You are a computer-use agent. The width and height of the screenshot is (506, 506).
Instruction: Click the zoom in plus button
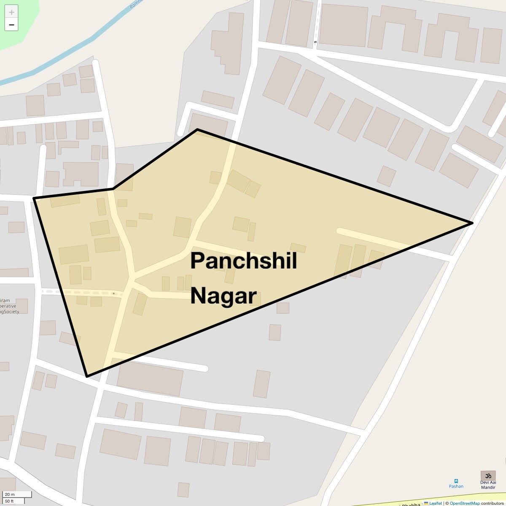11,12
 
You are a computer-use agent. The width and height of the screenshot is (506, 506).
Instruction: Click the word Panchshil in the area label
243,261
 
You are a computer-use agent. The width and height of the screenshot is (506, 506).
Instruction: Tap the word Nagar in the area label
223,296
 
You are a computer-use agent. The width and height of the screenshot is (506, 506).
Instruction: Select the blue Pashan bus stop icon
456,481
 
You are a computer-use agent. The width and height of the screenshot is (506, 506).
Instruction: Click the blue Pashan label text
456,486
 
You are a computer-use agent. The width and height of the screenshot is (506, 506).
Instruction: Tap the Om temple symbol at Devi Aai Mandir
488,476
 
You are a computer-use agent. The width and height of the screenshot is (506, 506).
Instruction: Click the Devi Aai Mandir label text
488,485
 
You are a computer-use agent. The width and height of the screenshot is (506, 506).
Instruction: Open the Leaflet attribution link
435,503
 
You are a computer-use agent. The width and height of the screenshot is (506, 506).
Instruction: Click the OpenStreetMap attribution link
464,503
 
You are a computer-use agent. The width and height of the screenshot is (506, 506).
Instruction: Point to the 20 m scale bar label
10,494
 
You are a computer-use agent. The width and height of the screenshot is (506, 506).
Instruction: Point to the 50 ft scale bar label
9,501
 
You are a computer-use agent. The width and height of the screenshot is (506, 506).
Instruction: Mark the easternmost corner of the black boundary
472,223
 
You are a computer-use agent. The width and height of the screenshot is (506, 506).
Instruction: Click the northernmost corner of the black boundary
197,129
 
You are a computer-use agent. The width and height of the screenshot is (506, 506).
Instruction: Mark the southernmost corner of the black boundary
87,376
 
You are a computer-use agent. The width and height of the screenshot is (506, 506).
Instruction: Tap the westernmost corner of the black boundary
34,198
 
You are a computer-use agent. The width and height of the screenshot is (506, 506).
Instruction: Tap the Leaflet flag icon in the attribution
426,503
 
